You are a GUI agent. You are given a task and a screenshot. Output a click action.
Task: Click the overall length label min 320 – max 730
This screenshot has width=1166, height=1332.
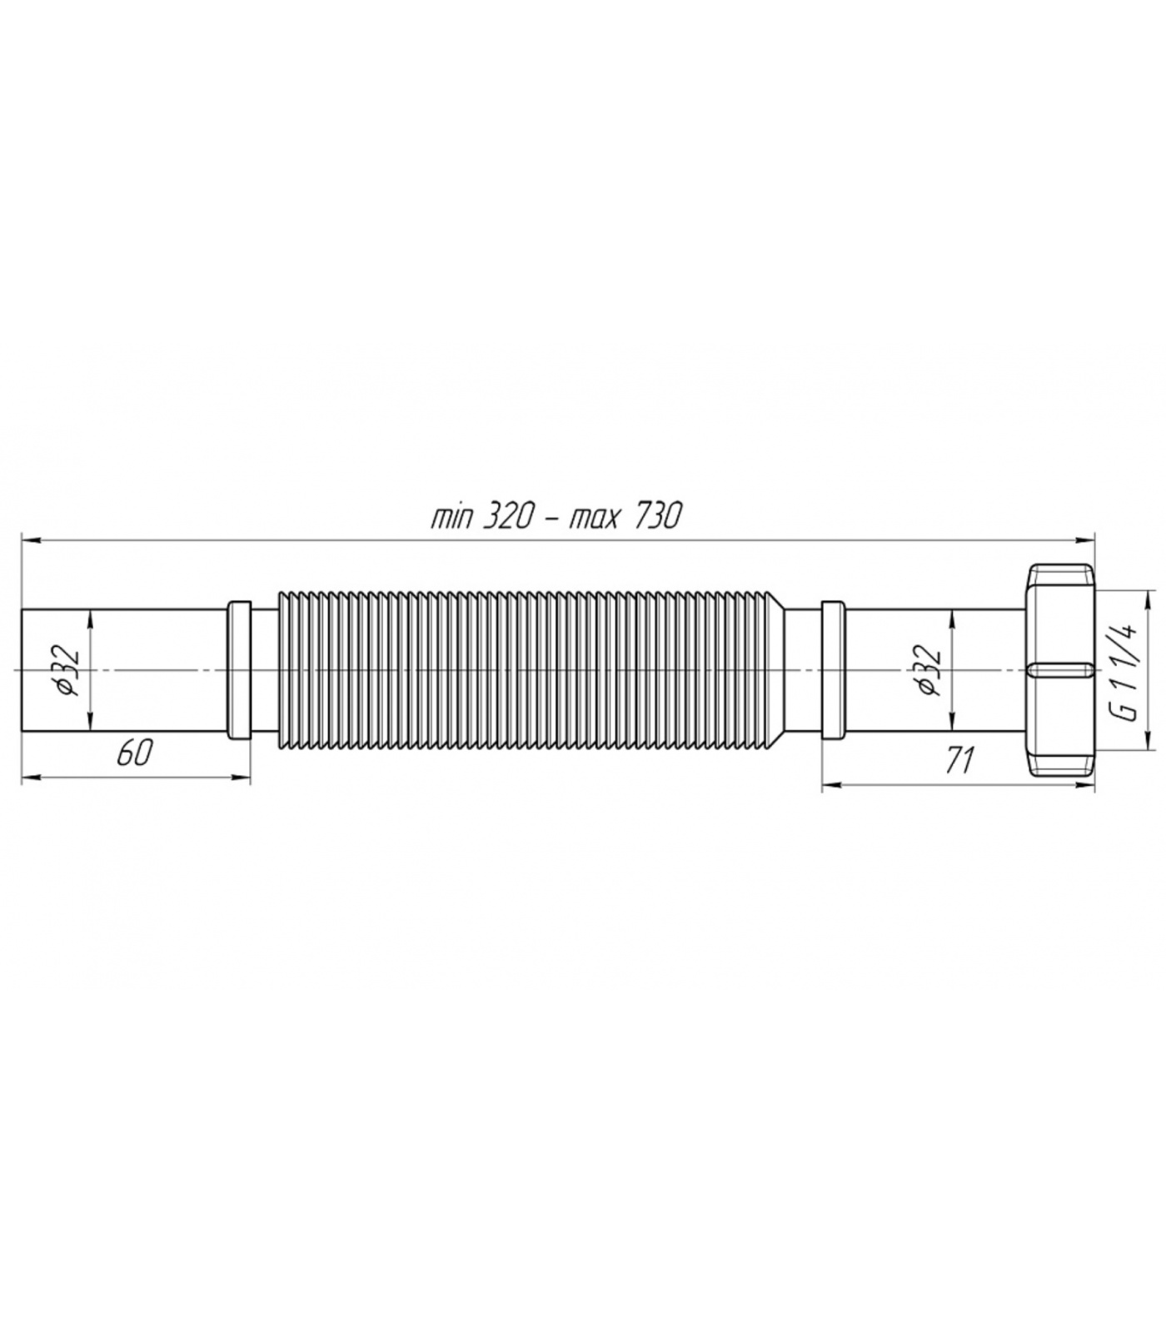coord(556,517)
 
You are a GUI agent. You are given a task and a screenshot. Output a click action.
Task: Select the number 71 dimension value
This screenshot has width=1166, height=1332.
coord(960,759)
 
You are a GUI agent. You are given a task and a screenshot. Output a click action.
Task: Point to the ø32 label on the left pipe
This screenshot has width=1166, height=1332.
coord(69,670)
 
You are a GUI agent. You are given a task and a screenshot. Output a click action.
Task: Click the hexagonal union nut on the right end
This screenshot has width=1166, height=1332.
coord(1060,670)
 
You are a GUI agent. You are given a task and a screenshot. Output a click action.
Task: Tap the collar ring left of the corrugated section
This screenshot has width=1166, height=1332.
coord(239,669)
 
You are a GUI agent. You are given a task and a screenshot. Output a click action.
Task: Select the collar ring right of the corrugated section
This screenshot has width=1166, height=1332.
coord(833,669)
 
